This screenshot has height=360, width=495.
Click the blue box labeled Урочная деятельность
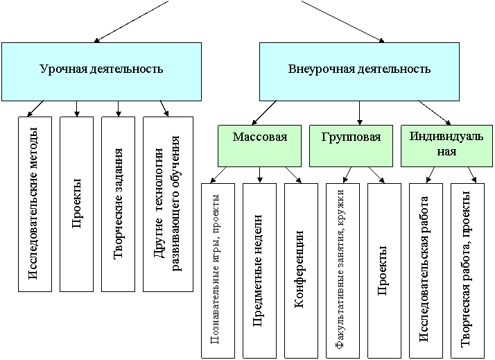[101, 71]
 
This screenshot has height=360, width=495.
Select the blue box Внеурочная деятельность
[359, 71]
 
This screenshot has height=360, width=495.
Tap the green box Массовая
[259, 146]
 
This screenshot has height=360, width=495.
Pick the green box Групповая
[351, 146]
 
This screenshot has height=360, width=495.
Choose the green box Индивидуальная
[446, 146]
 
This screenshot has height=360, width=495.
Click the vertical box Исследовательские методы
[35, 204]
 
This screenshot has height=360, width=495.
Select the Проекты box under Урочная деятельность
[77, 204]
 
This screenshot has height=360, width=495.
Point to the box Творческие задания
[118, 204]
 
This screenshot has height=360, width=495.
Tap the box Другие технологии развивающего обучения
[168, 204]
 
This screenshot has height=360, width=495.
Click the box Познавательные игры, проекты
[218, 271]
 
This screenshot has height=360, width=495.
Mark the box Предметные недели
[259, 271]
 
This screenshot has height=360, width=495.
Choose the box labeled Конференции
[301, 271]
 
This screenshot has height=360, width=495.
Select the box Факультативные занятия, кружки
[342, 271]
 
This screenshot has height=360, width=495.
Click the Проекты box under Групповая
[384, 271]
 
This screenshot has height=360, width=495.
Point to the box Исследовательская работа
[426, 271]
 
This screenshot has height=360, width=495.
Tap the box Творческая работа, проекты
[467, 271]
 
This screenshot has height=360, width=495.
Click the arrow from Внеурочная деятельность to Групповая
[359, 113]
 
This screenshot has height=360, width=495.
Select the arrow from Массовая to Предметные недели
[259, 175]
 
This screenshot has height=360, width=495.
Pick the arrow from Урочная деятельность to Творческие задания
[118, 109]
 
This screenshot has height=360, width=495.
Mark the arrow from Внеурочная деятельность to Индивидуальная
[435, 113]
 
